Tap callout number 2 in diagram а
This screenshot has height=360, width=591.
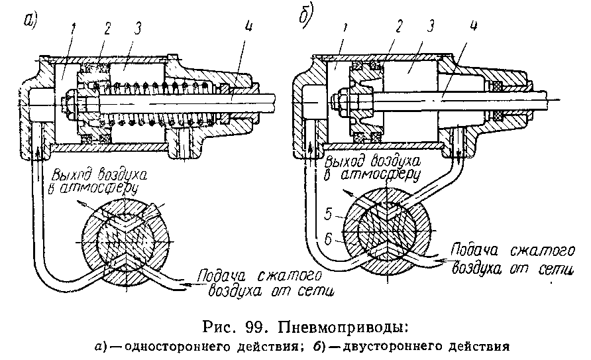click(108, 29)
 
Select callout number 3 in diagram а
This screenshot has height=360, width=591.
click(138, 29)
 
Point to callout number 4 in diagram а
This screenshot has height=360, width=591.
click(248, 27)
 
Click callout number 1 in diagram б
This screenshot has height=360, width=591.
click(345, 29)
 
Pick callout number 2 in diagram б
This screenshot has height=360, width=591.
click(398, 26)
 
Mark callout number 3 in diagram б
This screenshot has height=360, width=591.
click(430, 26)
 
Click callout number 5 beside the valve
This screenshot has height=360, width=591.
click(328, 214)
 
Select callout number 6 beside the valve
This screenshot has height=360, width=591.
click(328, 239)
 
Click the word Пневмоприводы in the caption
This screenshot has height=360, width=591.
click(343, 328)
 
